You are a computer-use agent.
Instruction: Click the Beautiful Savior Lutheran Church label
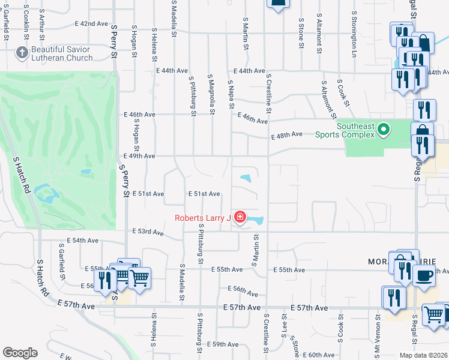[62, 53]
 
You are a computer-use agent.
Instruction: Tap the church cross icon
[22, 52]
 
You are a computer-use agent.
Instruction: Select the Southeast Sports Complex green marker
[385, 128]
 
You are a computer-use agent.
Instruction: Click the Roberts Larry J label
[202, 218]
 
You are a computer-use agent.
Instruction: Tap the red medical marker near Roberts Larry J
[240, 217]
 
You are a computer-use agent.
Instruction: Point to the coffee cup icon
[425, 275]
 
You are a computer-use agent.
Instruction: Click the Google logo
[20, 353]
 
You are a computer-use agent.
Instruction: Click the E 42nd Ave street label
[91, 23]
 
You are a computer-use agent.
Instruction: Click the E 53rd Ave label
[148, 232]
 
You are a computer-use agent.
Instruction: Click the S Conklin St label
[26, 22]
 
